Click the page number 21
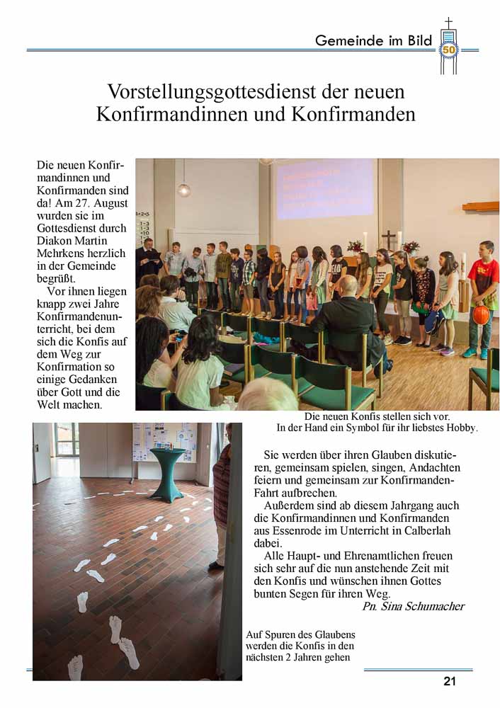[450, 681]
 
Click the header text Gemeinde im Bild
[373, 40]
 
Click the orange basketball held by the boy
[482, 315]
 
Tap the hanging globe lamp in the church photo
[184, 189]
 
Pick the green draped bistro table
[168, 473]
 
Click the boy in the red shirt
[484, 290]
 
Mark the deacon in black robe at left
[147, 258]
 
